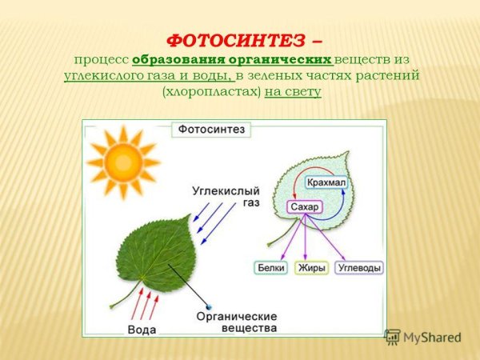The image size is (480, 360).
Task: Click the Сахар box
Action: [304, 207]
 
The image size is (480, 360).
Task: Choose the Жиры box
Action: [312, 268]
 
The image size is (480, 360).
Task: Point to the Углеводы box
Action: [359, 268]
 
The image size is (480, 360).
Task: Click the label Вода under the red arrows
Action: [142, 329]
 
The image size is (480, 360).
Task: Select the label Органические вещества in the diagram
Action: [236, 322]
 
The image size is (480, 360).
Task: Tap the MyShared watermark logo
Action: [423, 338]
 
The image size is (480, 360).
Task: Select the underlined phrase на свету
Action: [293, 92]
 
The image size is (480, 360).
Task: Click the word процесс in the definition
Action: [102, 60]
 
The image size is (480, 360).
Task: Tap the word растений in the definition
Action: [392, 76]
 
